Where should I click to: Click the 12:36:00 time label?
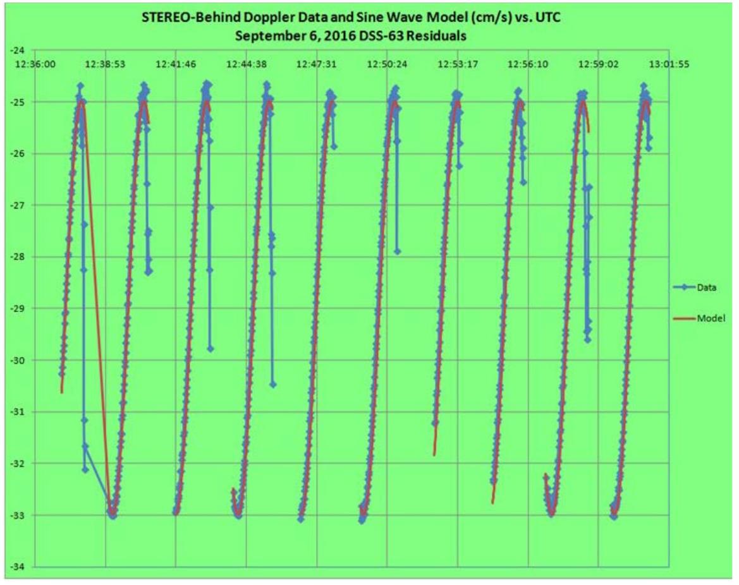(37, 64)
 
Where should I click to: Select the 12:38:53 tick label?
(106, 64)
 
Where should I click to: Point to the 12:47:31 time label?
(317, 64)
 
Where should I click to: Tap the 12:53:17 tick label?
(458, 64)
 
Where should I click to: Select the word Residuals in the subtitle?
(437, 37)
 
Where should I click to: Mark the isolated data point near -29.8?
(211, 349)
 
